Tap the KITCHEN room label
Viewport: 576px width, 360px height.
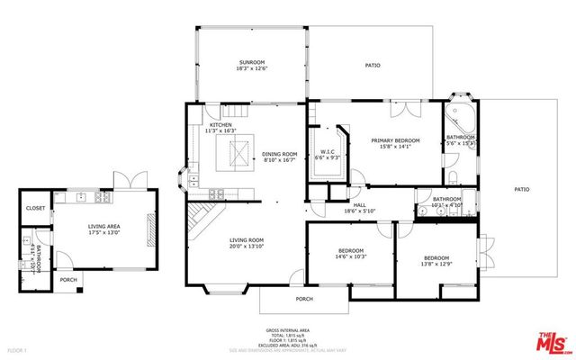coord(220,125)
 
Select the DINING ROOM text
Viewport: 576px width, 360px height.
coord(279,154)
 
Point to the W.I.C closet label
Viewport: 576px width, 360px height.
coord(328,151)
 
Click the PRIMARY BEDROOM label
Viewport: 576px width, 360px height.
coord(396,140)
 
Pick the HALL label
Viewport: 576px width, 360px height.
coord(358,205)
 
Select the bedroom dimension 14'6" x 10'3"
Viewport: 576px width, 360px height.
coord(350,256)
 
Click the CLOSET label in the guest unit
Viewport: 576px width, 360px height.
coord(35,208)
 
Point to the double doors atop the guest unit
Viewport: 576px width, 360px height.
coord(122,181)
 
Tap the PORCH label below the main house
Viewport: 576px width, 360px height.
coord(305,299)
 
